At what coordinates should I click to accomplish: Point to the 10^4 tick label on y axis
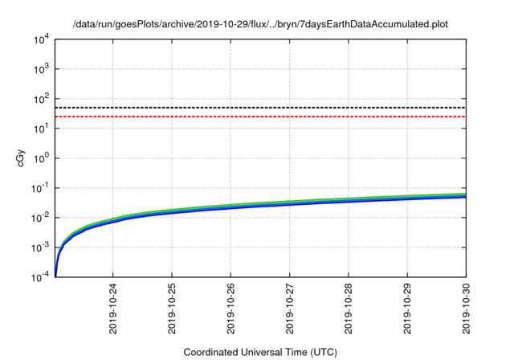coord(41,39)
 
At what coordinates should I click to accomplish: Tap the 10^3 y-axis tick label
coord(41,68)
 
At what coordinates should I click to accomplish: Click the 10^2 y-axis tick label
coord(41,98)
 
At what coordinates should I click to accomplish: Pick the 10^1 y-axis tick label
coord(41,128)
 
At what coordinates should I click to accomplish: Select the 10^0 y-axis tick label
coord(41,157)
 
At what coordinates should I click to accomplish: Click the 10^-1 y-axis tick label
coord(40,187)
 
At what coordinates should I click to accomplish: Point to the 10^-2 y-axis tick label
coord(40,217)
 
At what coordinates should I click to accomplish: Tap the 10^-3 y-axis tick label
coord(40,247)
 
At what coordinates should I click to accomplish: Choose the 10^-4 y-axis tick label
coord(40,276)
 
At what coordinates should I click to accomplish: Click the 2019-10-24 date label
coord(113,309)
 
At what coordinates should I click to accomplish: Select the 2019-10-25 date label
coord(172,309)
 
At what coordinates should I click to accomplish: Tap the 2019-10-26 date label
coord(230,309)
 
